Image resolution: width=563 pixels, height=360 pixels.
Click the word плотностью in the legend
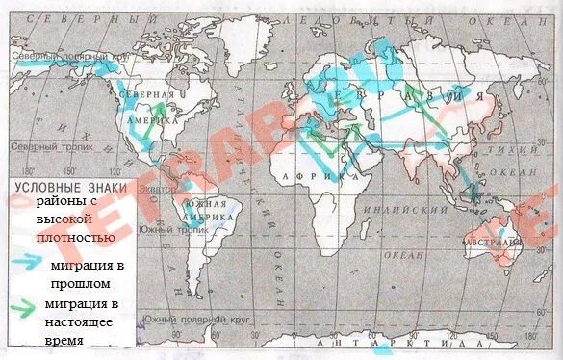click(x=77, y=237)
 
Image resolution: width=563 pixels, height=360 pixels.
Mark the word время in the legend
click(x=61, y=340)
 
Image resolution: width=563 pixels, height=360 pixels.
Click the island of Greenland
click(x=241, y=39)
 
